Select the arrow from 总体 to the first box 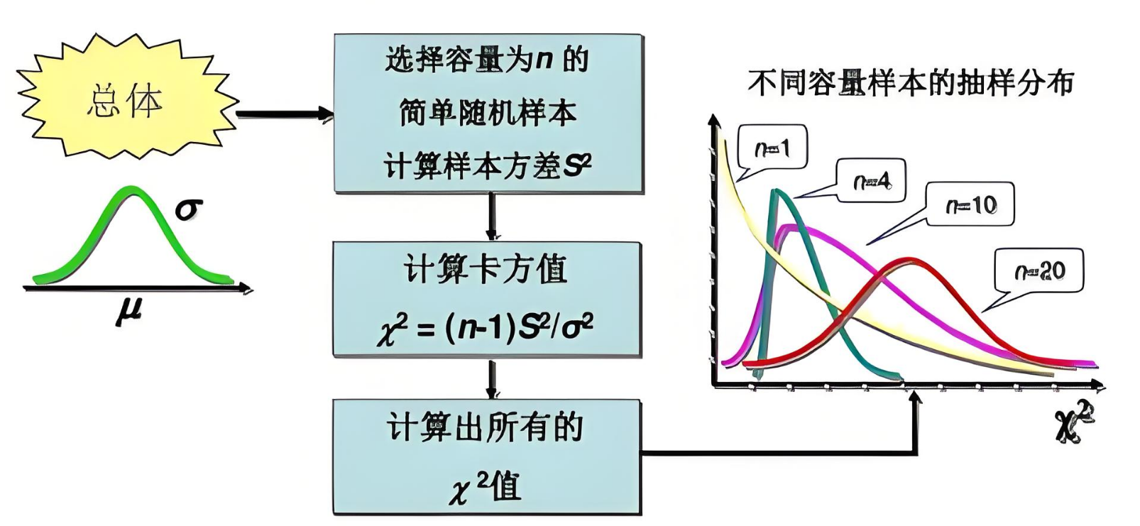pos(284,114)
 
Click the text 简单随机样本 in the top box pos(488,113)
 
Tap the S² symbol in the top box pos(576,166)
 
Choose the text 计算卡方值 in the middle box pos(486,270)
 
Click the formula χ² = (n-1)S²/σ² pos(486,328)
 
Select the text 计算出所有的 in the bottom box pos(486,427)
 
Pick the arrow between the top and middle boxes pos(490,217)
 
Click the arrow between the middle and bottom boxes pos(490,378)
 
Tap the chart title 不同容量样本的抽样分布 pos(911,83)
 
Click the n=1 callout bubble pos(772,148)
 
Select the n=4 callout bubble pos(871,181)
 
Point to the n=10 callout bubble pos(970,205)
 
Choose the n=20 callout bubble pos(1039,270)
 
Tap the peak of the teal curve pos(777,192)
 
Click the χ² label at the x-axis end pos(1074,422)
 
